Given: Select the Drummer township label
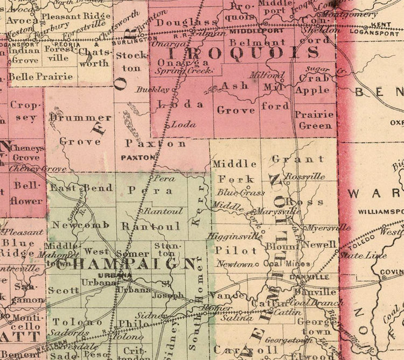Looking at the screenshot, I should pyautogui.click(x=80, y=117).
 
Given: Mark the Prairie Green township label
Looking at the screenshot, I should pyautogui.click(x=315, y=120).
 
